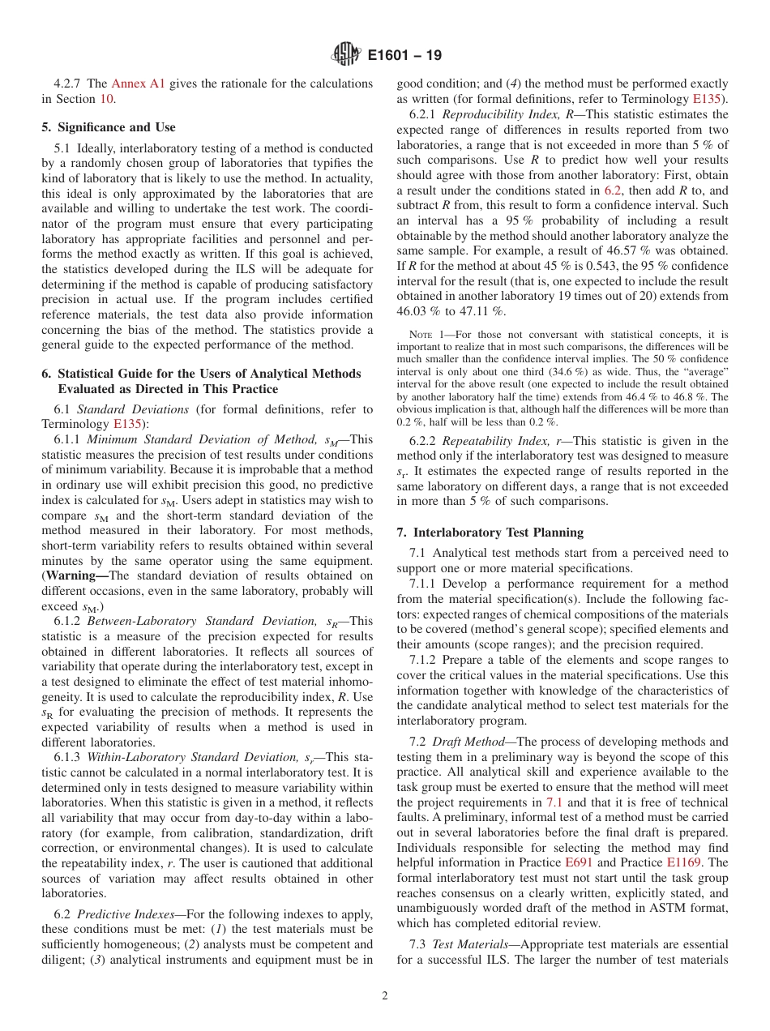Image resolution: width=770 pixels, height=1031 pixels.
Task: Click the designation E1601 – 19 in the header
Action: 404,56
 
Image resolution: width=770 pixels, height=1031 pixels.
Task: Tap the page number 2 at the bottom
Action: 385,996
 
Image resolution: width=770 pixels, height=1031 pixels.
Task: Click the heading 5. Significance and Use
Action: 108,127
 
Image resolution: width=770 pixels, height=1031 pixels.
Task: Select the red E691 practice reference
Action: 578,862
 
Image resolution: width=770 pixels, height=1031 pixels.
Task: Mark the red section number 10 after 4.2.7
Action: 106,99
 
